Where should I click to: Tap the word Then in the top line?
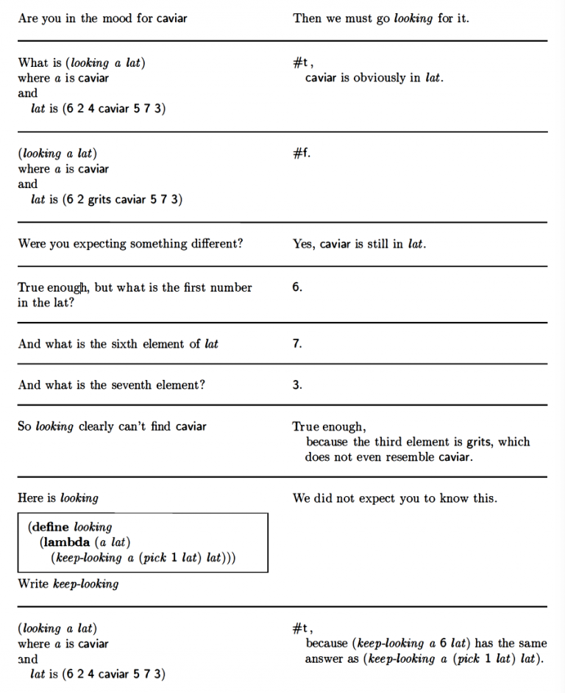[307, 18]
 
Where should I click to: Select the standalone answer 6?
[296, 288]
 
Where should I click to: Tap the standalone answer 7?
[296, 344]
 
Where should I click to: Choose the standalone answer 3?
[296, 385]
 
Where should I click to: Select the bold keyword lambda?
[66, 542]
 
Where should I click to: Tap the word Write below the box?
[34, 584]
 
